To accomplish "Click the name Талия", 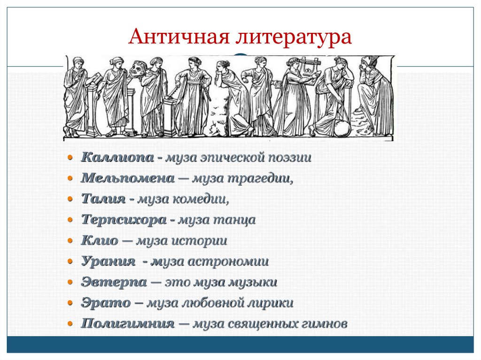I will pos(103,199).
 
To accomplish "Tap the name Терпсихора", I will pos(124,220).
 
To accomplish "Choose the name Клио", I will pos(99,241).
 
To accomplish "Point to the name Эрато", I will pos(105,303).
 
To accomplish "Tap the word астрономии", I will pos(228,261).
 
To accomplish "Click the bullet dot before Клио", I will pos(70,241).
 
